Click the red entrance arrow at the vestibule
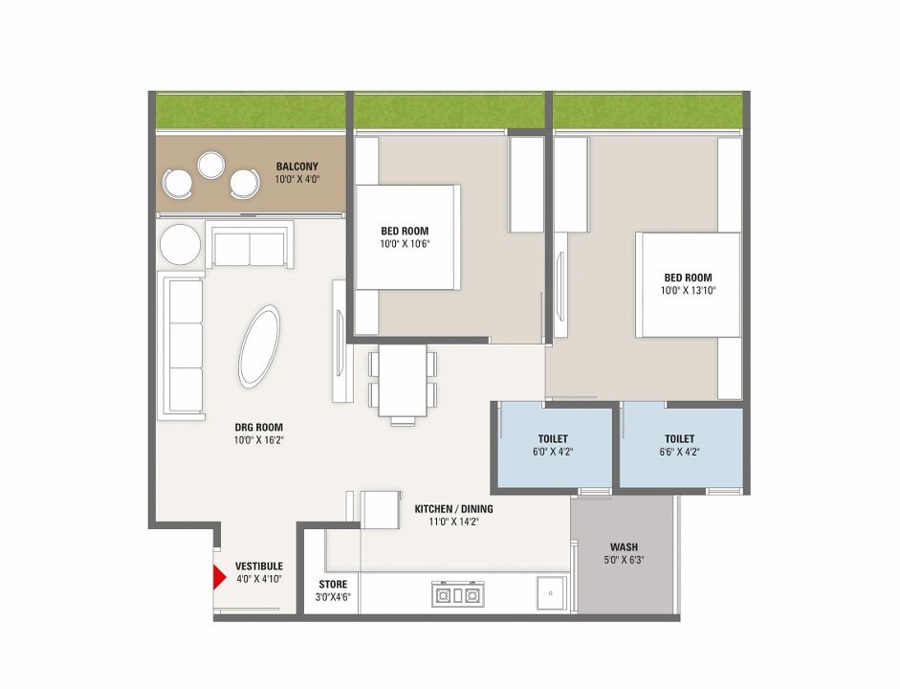tap(219, 578)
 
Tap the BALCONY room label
tap(297, 167)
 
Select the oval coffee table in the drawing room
tap(259, 346)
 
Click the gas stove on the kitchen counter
tap(458, 595)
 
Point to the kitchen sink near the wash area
tap(551, 593)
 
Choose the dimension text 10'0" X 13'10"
tap(689, 291)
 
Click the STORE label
tap(333, 585)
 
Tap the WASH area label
tap(624, 547)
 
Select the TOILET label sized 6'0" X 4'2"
tap(554, 439)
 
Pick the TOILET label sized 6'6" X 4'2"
tap(680, 439)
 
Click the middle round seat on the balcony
tap(210, 165)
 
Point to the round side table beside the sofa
tap(180, 245)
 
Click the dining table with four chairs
tap(403, 383)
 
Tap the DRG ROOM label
tap(259, 427)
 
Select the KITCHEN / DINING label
tap(453, 509)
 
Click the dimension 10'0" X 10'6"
tap(405, 243)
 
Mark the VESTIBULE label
tap(259, 567)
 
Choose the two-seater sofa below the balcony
tap(251, 245)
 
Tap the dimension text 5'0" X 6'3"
tap(624, 561)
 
